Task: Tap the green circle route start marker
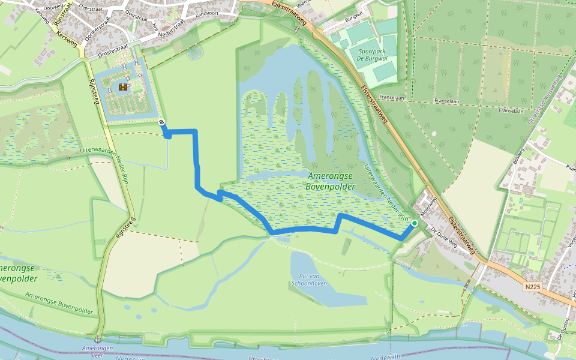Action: tap(414, 223)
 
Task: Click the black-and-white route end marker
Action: tap(162, 122)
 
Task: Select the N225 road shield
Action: tap(532, 287)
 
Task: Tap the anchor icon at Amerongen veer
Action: tap(98, 340)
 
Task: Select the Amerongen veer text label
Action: tap(98, 351)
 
